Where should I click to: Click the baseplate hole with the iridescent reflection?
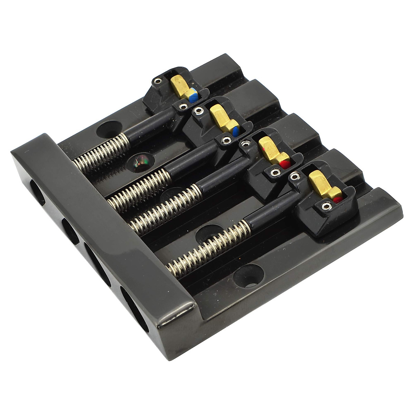point(141,161)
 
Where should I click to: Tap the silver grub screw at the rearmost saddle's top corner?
point(158,81)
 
